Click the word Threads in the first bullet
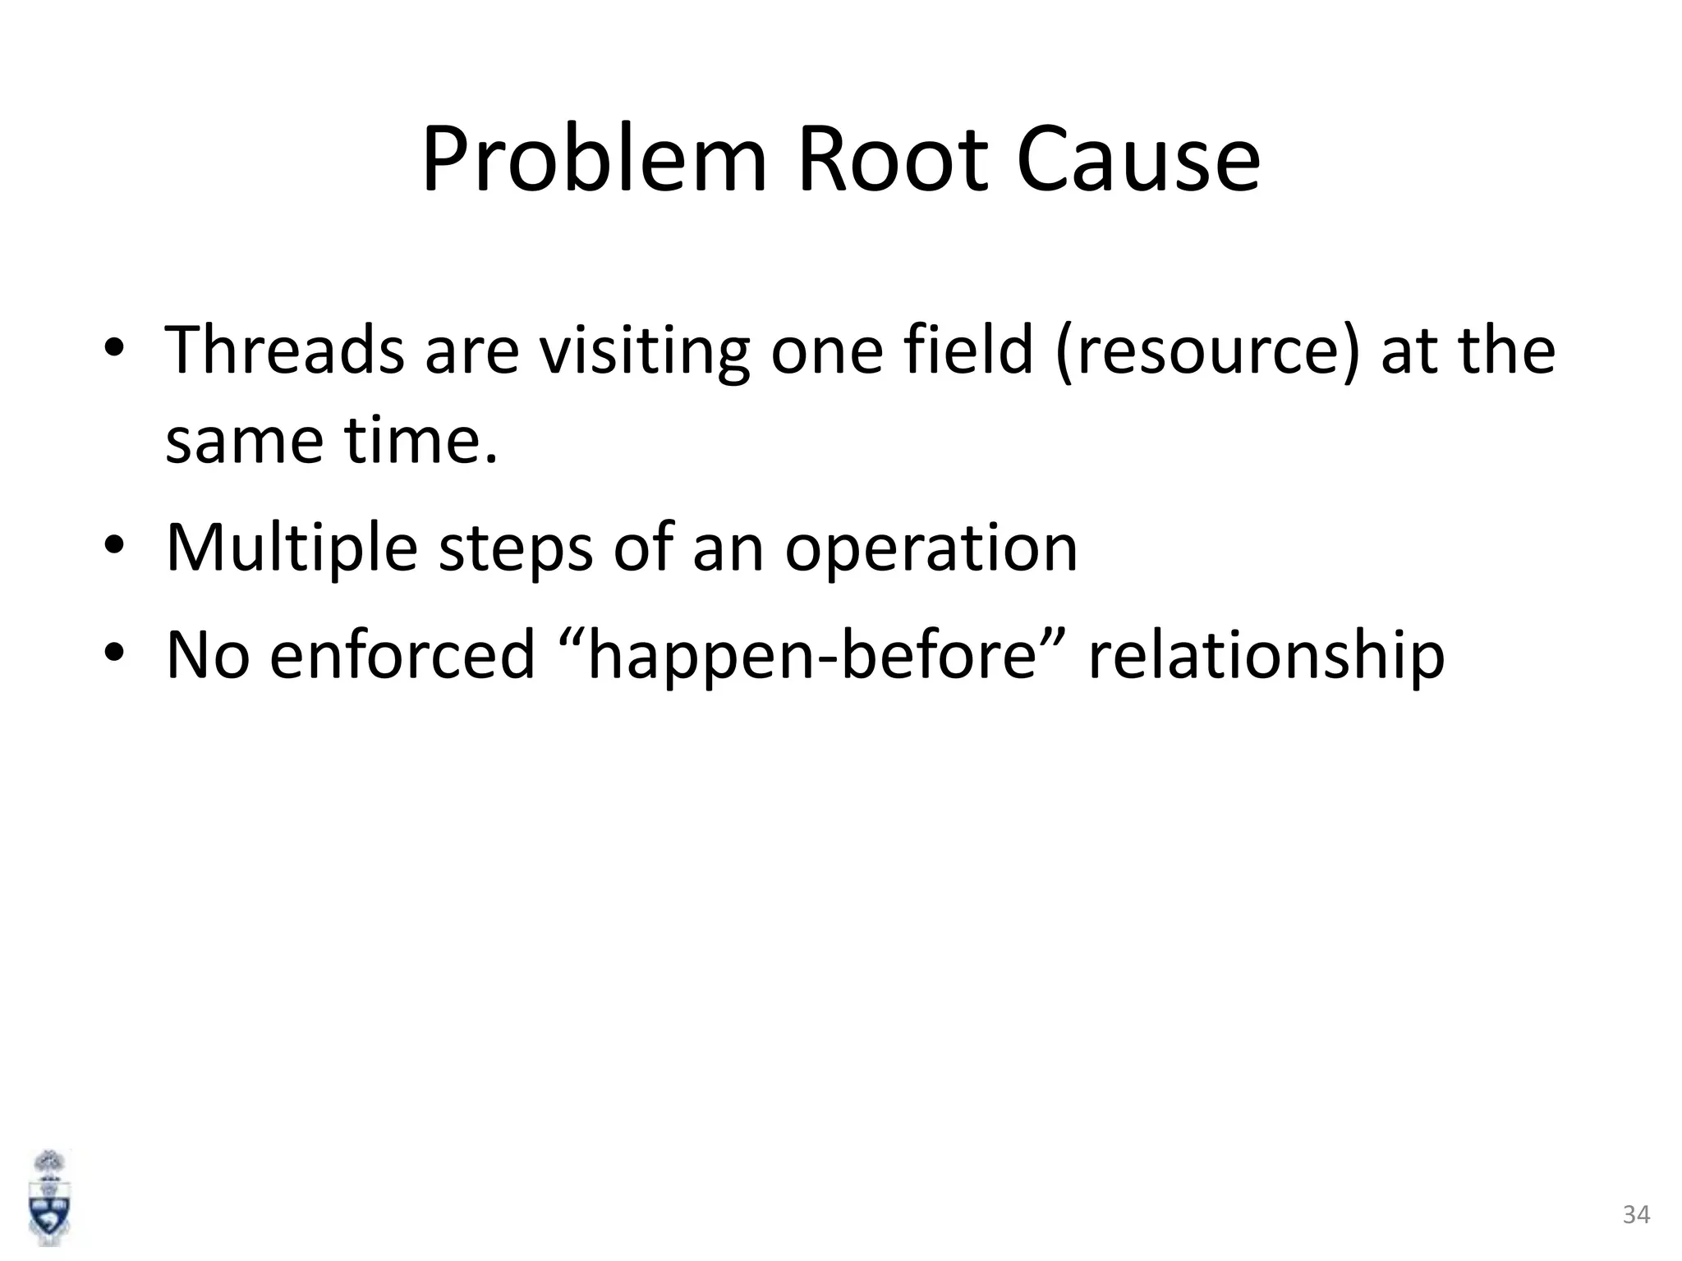click(x=284, y=351)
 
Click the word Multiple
click(x=292, y=548)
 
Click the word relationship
click(x=1266, y=657)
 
